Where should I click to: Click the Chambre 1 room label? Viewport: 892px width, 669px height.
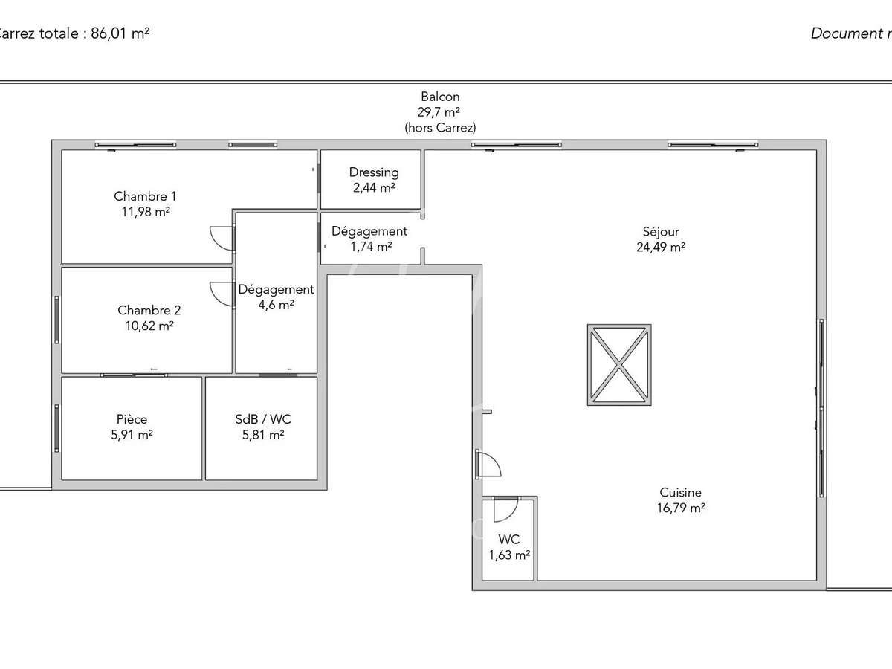pyautogui.click(x=145, y=196)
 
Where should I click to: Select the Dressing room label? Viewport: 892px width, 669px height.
pyautogui.click(x=374, y=172)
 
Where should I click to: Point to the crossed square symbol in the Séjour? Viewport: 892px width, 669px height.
pyautogui.click(x=619, y=364)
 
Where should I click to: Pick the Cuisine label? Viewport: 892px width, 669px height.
pyautogui.click(x=680, y=492)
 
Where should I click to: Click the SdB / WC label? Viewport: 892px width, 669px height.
pyautogui.click(x=259, y=419)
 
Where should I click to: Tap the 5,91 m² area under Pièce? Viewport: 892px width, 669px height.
pyautogui.click(x=132, y=435)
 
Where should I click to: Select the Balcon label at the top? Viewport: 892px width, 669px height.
pyautogui.click(x=440, y=97)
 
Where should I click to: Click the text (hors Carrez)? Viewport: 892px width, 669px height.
pyautogui.click(x=440, y=128)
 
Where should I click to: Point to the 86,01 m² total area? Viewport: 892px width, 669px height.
pyautogui.click(x=120, y=33)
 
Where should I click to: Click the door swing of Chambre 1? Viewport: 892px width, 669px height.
pyautogui.click(x=222, y=238)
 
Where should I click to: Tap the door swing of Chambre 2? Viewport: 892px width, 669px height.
pyautogui.click(x=222, y=293)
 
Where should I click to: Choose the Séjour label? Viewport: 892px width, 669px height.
pyautogui.click(x=661, y=232)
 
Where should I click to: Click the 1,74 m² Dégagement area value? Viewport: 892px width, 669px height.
pyautogui.click(x=371, y=247)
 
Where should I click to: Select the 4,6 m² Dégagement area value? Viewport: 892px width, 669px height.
pyautogui.click(x=276, y=305)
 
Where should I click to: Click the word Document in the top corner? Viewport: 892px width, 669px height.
pyautogui.click(x=844, y=33)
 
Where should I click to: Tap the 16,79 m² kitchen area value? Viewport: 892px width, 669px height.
pyautogui.click(x=680, y=508)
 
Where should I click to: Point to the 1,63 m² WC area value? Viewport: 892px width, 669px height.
pyautogui.click(x=509, y=555)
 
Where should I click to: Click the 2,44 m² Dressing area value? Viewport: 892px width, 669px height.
pyautogui.click(x=374, y=188)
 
